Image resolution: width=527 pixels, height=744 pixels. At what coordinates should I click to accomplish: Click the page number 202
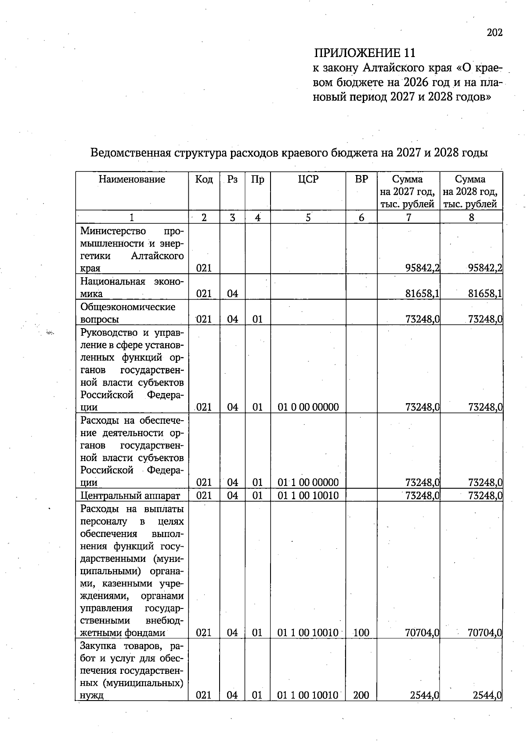pyautogui.click(x=495, y=32)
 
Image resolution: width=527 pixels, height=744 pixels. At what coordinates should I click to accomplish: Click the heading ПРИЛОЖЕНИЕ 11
pyautogui.click(x=364, y=53)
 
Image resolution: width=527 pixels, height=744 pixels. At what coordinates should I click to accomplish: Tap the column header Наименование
pyautogui.click(x=132, y=179)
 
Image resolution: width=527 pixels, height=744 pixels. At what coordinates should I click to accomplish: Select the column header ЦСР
pyautogui.click(x=308, y=179)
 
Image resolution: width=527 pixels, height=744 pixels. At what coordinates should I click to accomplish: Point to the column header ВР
pyautogui.click(x=361, y=179)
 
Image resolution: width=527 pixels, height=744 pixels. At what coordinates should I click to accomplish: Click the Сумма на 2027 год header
pyautogui.click(x=408, y=191)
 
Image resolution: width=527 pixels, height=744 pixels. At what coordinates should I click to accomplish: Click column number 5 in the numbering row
pyautogui.click(x=308, y=217)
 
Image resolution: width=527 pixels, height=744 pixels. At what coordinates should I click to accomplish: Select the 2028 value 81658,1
pyautogui.click(x=485, y=294)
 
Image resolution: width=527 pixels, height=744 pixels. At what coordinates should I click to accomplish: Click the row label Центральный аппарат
pyautogui.click(x=130, y=496)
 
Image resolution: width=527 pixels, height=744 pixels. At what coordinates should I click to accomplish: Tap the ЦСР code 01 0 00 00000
pyautogui.click(x=308, y=407)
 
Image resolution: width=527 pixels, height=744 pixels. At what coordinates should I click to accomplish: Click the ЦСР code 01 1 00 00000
pyautogui.click(x=308, y=483)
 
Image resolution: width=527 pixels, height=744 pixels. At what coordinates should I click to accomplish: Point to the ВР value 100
pyautogui.click(x=361, y=633)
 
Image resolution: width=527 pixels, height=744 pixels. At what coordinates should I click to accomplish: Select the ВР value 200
pyautogui.click(x=361, y=695)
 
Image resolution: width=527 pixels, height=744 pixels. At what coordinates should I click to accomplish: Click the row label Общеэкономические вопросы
pyautogui.click(x=127, y=313)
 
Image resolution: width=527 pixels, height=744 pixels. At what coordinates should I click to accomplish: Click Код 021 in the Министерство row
pyautogui.click(x=204, y=268)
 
